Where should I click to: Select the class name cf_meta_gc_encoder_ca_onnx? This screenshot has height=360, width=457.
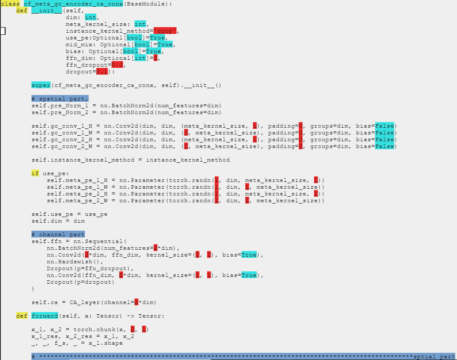point(73,4)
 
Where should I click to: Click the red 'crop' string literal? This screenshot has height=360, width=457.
point(165,31)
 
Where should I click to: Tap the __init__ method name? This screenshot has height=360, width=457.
point(47,11)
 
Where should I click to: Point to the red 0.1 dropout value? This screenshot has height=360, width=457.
point(102,72)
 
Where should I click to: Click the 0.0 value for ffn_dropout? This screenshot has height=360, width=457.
point(117,65)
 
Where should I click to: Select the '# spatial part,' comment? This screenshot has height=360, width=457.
point(60,99)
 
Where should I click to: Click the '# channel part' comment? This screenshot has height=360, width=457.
point(58,234)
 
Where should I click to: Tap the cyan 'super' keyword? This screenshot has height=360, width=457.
point(41,85)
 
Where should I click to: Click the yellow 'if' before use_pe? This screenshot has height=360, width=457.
point(35,173)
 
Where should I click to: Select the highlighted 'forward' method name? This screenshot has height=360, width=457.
point(45,316)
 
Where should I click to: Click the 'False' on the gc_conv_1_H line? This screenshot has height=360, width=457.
point(384,126)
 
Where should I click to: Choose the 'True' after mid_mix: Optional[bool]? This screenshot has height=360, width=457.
point(165,45)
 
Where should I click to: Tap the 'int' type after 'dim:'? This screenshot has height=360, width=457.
point(90,17)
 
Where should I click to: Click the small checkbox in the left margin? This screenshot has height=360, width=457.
point(3,31)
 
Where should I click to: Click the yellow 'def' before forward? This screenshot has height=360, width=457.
point(22,316)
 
